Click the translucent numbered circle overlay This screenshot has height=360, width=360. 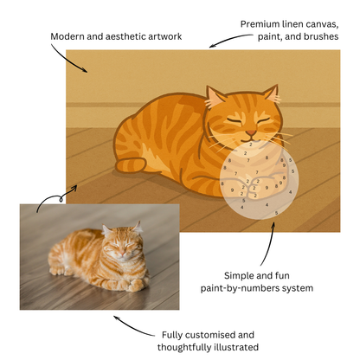[x=258, y=183]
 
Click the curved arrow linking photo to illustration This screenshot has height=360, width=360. [x=56, y=195]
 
